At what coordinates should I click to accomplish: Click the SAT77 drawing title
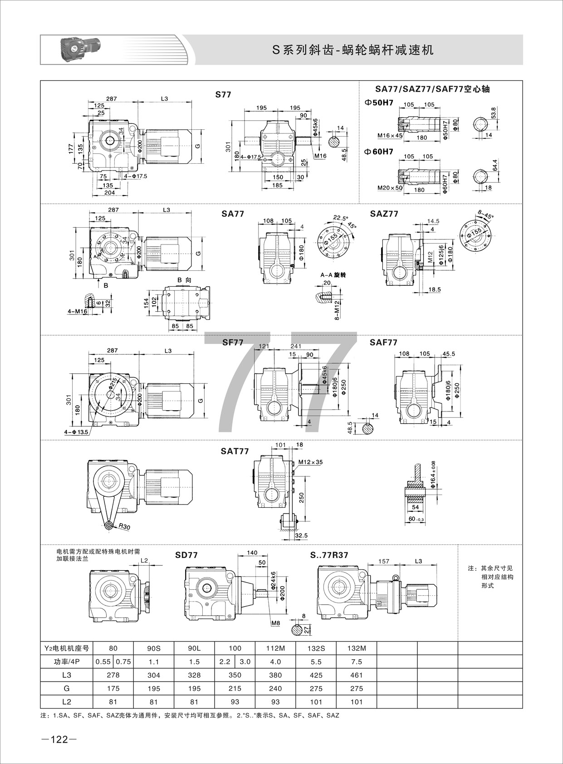click(x=235, y=451)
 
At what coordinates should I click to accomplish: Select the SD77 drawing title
click(x=186, y=555)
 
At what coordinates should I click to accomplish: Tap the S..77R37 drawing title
click(x=329, y=555)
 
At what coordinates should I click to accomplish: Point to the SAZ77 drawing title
click(x=384, y=214)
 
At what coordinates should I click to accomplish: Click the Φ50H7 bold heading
click(x=379, y=103)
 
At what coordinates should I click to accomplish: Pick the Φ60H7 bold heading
click(x=379, y=152)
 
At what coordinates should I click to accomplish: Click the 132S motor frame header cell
click(x=316, y=648)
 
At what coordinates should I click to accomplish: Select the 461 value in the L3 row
click(x=357, y=675)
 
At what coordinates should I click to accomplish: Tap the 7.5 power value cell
click(x=357, y=661)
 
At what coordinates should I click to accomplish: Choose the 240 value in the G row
click(x=275, y=688)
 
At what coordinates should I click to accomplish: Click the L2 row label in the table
click(x=67, y=701)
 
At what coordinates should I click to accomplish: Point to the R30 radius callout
click(x=125, y=527)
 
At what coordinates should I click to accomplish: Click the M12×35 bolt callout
click(x=311, y=462)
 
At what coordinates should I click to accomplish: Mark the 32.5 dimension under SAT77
click(x=300, y=535)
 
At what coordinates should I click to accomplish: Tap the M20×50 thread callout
click(x=389, y=187)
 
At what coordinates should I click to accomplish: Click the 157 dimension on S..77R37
click(x=383, y=561)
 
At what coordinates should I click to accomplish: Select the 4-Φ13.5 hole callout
click(x=76, y=432)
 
